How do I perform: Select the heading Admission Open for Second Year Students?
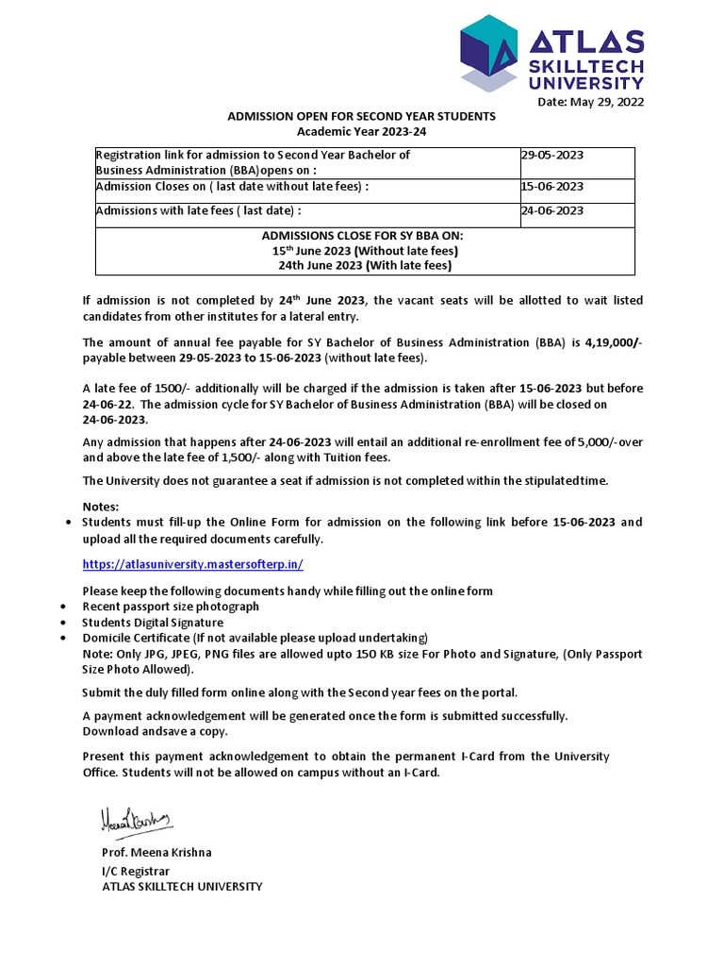361,116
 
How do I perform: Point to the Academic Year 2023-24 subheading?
362,131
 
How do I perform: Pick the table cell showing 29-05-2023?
552,154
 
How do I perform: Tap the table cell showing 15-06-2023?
552,187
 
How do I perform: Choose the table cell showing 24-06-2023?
552,210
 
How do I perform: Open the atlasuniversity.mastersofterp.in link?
192,563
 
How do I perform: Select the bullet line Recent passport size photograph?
171,607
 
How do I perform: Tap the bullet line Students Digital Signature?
153,623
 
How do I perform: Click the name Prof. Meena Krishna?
156,852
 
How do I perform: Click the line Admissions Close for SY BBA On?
363,235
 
